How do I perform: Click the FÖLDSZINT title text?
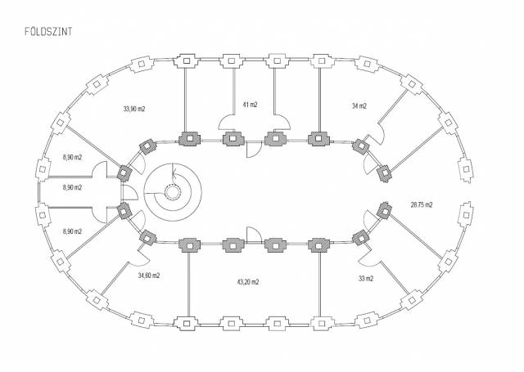point(48,31)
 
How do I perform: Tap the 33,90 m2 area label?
point(134,109)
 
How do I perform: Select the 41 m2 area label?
point(250,105)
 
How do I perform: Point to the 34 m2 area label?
point(359,105)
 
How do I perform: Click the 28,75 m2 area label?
point(422,204)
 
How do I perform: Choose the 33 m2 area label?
point(366,279)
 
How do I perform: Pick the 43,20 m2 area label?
point(247,282)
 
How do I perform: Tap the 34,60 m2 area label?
point(149,276)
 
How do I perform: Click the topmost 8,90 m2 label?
point(72,157)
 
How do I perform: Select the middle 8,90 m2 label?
point(72,187)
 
